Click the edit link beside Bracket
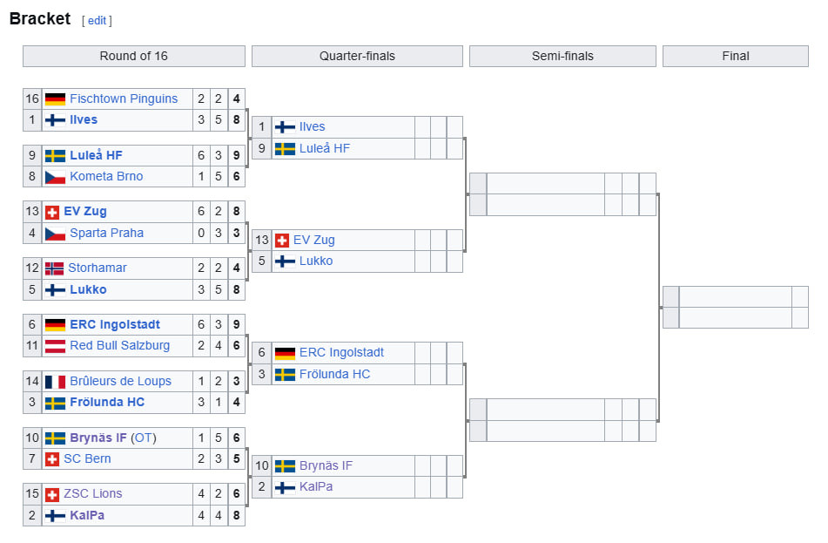coord(97,21)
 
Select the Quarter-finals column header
coord(357,56)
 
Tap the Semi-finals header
coord(562,56)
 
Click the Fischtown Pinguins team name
coord(124,98)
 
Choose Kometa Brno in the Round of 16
coord(106,176)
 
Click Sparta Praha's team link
coord(107,233)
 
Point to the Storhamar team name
coord(98,268)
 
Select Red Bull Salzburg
coord(118,345)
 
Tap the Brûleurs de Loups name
coord(120,381)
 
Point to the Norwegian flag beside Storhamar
coord(54,268)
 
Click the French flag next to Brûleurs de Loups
coord(55,381)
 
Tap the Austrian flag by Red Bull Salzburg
coord(55,345)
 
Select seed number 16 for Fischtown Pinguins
coord(32,98)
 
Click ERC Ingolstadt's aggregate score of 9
coord(236,324)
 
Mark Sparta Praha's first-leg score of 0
coord(201,233)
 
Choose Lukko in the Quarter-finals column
coord(316,261)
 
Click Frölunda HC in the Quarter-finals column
coord(334,374)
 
